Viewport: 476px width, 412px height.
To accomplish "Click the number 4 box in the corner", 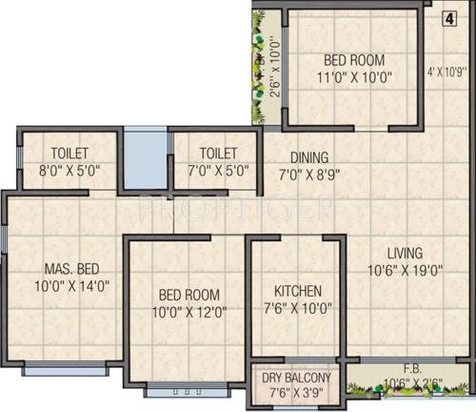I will tap(448, 16).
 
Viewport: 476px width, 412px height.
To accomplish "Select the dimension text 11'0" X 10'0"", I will tap(353, 77).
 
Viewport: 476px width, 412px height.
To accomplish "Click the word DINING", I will tap(309, 157).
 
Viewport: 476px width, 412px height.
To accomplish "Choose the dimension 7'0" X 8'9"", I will tap(309, 175).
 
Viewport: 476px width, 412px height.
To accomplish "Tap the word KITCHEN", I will tap(297, 290).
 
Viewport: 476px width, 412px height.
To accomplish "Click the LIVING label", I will tap(404, 253).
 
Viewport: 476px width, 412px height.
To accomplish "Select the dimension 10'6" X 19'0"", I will tap(405, 271).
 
